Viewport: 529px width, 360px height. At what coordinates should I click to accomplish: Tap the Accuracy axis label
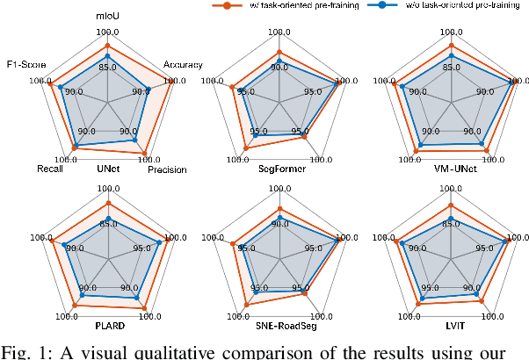pos(183,64)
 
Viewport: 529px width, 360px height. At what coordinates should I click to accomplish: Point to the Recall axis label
pos(51,169)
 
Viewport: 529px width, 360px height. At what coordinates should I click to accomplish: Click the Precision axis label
pos(165,169)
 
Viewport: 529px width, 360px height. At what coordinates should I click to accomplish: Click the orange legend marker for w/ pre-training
pos(227,5)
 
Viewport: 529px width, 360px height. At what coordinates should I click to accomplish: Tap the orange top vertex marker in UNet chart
pos(107,46)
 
